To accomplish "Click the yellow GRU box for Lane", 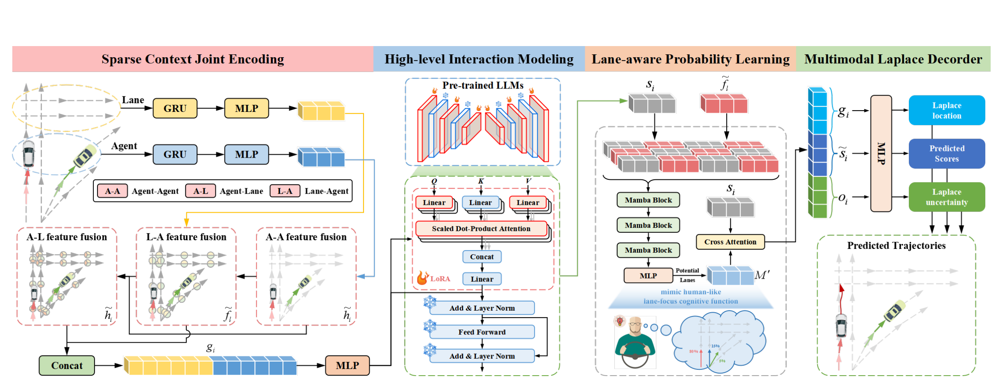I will [175, 108].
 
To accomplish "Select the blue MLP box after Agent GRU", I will [246, 154].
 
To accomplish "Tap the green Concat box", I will [67, 365].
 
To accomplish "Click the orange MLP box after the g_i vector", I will [347, 365].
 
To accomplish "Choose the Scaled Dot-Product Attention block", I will [481, 229].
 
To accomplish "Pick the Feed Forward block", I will [482, 332].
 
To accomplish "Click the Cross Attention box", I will [730, 242].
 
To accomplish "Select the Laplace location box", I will [946, 110].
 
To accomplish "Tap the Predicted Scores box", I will [946, 153].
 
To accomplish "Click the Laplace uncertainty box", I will [946, 197].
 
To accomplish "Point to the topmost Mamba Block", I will [648, 200].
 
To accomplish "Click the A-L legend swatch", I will [200, 191].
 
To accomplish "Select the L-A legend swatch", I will [285, 191].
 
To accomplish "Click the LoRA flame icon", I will [422, 278].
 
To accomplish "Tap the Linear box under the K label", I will [480, 202].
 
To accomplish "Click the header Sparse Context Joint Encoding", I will [192, 59].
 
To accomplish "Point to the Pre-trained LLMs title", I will [483, 86].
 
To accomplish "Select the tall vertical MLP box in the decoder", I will [881, 153].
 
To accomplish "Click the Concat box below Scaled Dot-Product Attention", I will [482, 257].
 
